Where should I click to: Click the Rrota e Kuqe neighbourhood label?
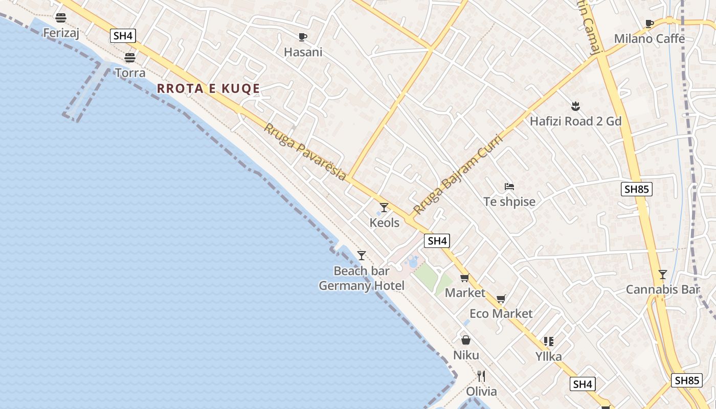click(x=208, y=88)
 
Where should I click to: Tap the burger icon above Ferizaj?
click(x=61, y=18)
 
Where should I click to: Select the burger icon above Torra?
click(x=130, y=58)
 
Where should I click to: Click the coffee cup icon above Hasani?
click(x=303, y=37)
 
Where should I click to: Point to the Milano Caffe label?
click(x=649, y=39)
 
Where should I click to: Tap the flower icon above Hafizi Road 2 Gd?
click(x=575, y=106)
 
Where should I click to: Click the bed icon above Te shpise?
click(x=509, y=187)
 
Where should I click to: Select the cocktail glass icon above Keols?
click(x=384, y=207)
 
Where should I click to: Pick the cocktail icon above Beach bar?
click(x=362, y=255)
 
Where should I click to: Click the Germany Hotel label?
click(x=362, y=286)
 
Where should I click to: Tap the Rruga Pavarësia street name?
click(x=305, y=151)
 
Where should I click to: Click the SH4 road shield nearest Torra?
click(x=123, y=36)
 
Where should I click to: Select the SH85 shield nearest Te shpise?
click(x=637, y=189)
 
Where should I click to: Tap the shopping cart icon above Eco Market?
click(x=501, y=299)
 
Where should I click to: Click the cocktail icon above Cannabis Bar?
click(x=663, y=275)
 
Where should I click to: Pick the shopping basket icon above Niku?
click(x=466, y=340)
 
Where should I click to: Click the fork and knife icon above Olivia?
click(x=481, y=376)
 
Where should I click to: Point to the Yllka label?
click(x=548, y=356)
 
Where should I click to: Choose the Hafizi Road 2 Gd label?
click(x=575, y=121)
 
